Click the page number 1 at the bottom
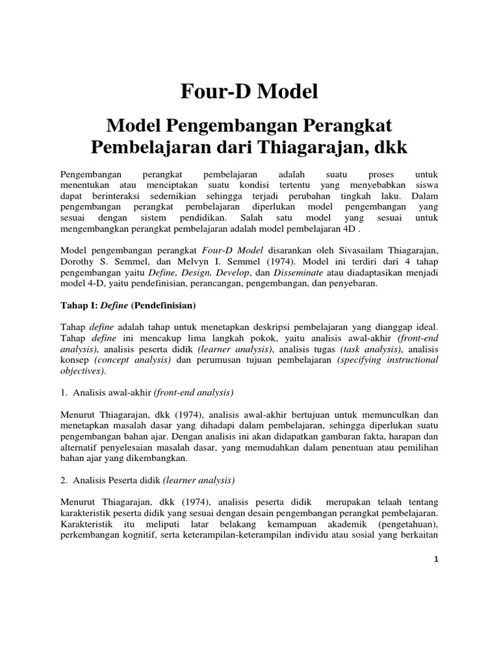click(x=436, y=563)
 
